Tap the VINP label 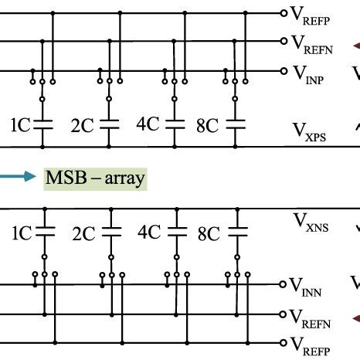(x=311, y=73)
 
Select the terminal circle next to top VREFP (x=284, y=14)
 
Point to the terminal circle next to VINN (x=284, y=284)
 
